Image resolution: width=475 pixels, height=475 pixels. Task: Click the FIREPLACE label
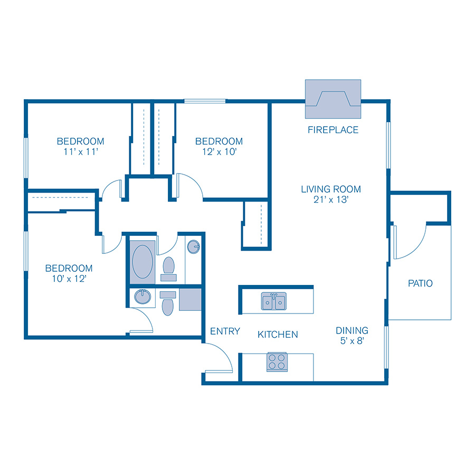[x=333, y=130]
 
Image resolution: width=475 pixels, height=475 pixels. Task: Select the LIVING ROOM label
[x=331, y=189]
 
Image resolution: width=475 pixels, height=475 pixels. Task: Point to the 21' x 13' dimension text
[x=331, y=200]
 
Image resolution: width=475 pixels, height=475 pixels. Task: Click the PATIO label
[x=420, y=283]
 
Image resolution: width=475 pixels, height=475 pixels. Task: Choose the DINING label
[x=352, y=330]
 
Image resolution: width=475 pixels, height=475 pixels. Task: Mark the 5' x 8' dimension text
[x=352, y=341]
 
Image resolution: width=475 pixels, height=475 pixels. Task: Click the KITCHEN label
[x=278, y=334]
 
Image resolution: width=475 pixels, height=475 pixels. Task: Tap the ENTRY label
[x=225, y=331]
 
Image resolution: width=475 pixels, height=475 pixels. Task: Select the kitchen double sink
[x=274, y=301]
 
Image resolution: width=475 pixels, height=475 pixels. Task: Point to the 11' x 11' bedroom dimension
[x=80, y=152]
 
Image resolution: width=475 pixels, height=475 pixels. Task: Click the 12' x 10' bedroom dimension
[x=218, y=152]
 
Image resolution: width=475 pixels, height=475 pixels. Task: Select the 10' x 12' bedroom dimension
[x=69, y=279]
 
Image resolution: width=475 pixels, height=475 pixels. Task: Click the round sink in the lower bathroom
[x=142, y=297]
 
